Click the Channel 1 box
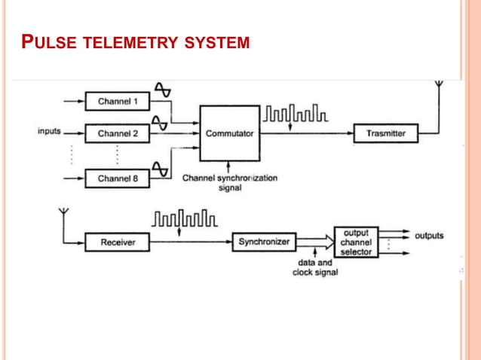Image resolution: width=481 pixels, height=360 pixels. [x=118, y=101]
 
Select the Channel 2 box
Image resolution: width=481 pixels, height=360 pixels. [x=118, y=134]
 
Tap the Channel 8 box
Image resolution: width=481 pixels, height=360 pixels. [x=118, y=179]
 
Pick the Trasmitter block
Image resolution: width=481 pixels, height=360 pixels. [x=385, y=133]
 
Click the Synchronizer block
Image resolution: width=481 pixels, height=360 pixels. [x=263, y=243]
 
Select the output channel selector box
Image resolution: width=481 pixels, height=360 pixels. [x=356, y=243]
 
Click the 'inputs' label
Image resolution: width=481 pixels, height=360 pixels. [x=49, y=131]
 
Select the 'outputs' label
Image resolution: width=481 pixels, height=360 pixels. [x=429, y=236]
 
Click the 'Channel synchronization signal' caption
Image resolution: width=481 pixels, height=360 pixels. [x=230, y=183]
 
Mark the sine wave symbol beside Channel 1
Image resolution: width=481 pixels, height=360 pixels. [x=162, y=89]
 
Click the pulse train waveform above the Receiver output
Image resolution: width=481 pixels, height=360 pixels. [x=185, y=219]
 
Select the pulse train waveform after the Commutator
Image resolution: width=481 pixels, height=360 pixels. [x=295, y=116]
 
